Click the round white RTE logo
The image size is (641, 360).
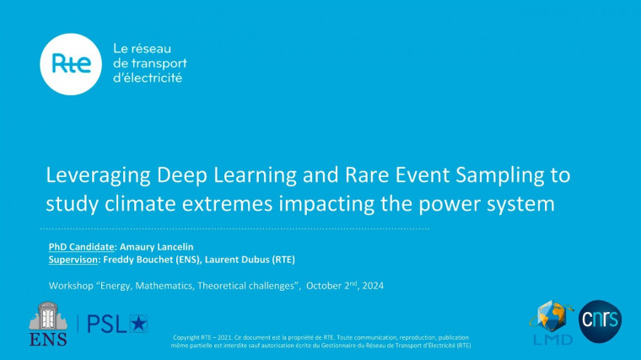coord(71,64)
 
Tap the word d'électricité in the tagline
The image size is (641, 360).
coord(148,78)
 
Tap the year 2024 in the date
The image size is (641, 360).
coord(370,287)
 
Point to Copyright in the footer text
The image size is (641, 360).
coord(186,336)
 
